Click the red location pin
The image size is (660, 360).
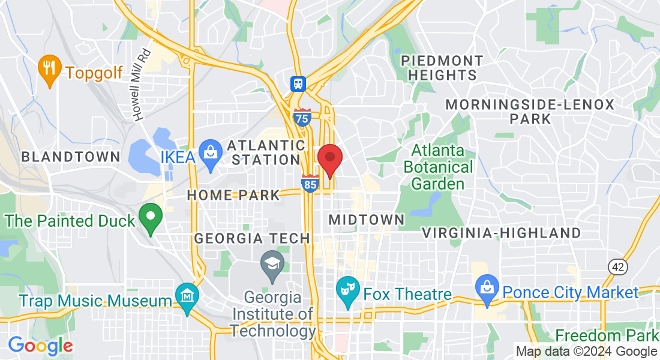pyautogui.click(x=329, y=158)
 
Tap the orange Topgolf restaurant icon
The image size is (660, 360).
pyautogui.click(x=49, y=70)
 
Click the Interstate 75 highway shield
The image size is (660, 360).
pyautogui.click(x=303, y=118)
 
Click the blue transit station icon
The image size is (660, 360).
pyautogui.click(x=298, y=83)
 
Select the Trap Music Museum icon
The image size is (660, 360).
pyautogui.click(x=187, y=296)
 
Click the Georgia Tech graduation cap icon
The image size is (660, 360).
pyautogui.click(x=273, y=265)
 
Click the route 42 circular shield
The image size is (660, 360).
pyautogui.click(x=617, y=266)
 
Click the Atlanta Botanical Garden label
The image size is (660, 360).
pyautogui.click(x=438, y=167)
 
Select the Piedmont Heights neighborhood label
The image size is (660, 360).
pyautogui.click(x=442, y=68)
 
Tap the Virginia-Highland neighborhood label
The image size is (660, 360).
pyautogui.click(x=502, y=233)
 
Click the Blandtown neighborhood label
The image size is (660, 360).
pyautogui.click(x=70, y=157)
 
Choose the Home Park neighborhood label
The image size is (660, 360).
pyautogui.click(x=233, y=195)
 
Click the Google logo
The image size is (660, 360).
pyautogui.click(x=40, y=346)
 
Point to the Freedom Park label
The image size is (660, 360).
pyautogui.click(x=607, y=335)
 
